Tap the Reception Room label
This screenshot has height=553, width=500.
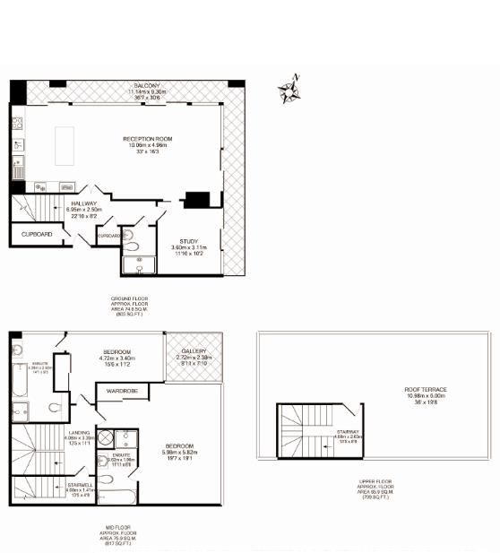tap(148, 140)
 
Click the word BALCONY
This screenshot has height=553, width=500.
tap(136, 84)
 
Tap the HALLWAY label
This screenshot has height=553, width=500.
tap(83, 203)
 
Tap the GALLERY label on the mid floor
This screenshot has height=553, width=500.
tap(194, 351)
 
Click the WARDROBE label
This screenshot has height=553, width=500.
tap(121, 391)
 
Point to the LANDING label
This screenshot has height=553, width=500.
tap(79, 432)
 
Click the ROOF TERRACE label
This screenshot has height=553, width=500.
tap(426, 389)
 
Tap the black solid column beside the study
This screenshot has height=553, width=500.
tap(196, 199)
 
